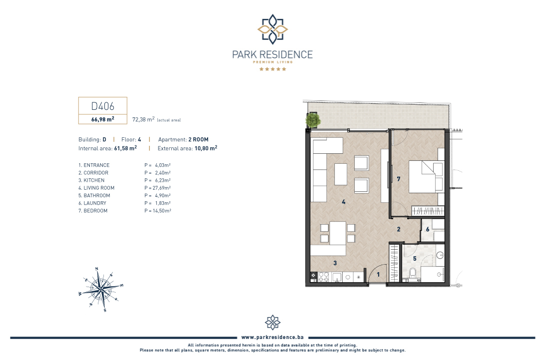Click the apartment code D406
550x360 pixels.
[103, 106]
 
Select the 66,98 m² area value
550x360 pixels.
[103, 119]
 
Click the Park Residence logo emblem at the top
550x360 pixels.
[273, 29]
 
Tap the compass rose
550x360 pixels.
[101, 289]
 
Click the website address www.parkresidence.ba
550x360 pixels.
[273, 337]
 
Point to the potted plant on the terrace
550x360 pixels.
[313, 120]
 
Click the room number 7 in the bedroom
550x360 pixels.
[399, 179]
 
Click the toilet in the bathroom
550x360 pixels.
[413, 273]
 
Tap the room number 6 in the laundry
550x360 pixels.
[428, 229]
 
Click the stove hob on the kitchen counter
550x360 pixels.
[323, 277]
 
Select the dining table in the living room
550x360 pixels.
[338, 233]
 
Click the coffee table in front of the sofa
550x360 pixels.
[341, 174]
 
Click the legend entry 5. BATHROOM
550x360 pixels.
[94, 196]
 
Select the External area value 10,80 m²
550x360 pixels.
[206, 148]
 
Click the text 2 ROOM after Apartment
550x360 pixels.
[198, 139]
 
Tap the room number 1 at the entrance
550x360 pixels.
[378, 275]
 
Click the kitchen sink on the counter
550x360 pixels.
[337, 278]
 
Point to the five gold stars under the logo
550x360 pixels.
[273, 69]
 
